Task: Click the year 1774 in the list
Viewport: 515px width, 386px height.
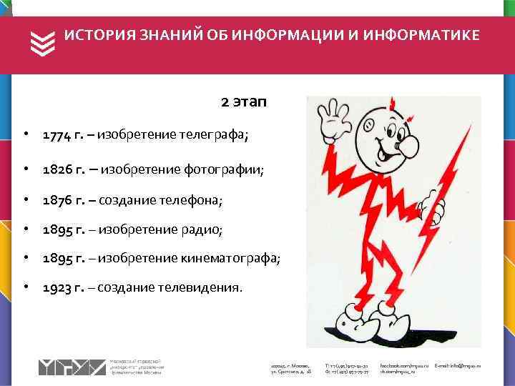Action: coord(57,134)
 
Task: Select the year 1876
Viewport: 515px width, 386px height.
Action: coord(57,199)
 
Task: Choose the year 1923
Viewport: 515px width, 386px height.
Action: coord(57,287)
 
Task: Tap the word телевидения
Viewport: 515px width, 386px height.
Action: coord(203,287)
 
